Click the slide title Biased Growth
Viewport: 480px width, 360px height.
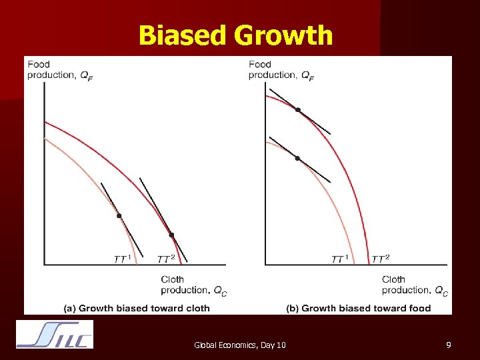point(235,35)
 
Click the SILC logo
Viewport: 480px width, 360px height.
point(55,335)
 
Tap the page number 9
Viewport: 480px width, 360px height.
point(449,345)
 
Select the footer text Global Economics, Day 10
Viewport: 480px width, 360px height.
point(239,345)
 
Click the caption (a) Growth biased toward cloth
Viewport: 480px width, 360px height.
point(137,308)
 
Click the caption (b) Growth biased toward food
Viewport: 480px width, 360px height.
point(358,308)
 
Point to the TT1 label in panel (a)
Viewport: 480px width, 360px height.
point(122,259)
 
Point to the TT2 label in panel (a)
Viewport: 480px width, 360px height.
point(165,259)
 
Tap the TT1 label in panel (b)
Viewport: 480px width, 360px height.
point(340,259)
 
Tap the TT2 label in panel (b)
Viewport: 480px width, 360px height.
point(380,259)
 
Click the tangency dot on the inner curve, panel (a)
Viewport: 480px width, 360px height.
point(119,215)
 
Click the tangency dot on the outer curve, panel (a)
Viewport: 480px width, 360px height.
point(171,235)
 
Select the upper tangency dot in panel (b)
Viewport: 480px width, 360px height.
point(298,109)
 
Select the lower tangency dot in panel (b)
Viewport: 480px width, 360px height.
point(297,158)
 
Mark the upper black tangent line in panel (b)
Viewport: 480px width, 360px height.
point(317,123)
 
